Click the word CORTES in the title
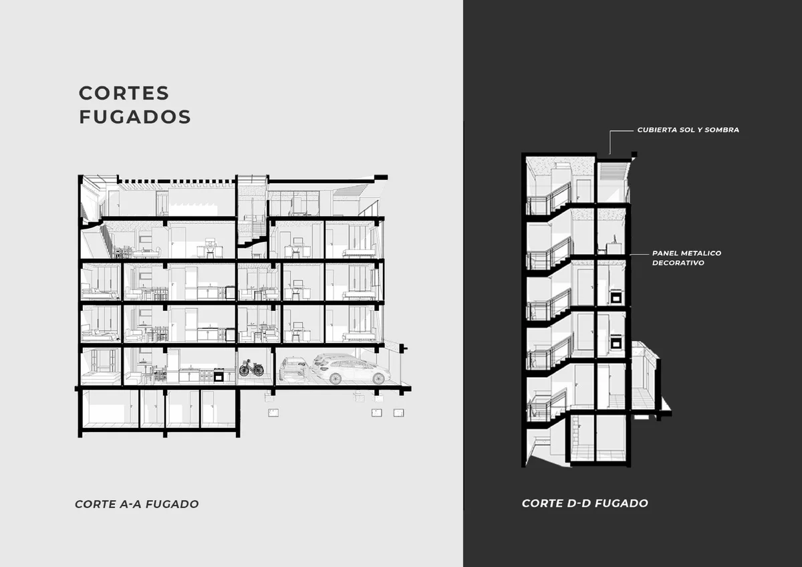124,93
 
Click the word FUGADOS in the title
135,117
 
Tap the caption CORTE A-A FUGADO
137,504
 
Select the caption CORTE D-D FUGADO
585,503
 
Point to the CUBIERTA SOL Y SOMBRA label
688,130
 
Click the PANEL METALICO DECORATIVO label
687,258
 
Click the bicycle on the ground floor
251,368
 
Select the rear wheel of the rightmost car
336,378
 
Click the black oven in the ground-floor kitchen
219,375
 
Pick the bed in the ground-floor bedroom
101,378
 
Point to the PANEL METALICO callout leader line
639,254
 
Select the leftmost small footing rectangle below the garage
273,413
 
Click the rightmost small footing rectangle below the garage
399,413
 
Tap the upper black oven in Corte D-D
616,297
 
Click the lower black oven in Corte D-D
616,343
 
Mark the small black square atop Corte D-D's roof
634,154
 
